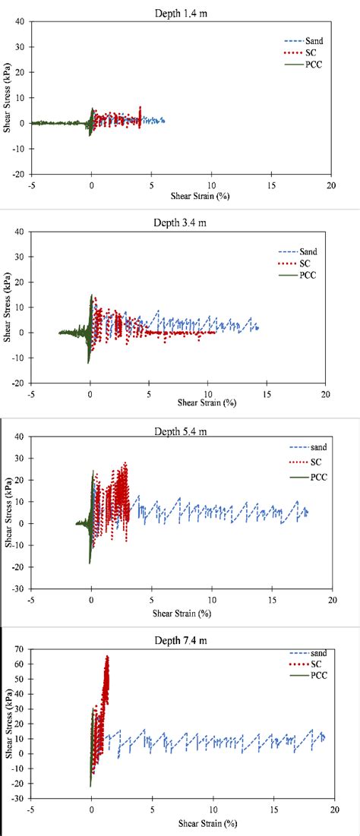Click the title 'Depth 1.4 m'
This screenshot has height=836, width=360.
pyautogui.click(x=180, y=10)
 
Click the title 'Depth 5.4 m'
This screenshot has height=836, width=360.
pyautogui.click(x=182, y=431)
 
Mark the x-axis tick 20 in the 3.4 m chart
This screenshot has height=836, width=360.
pyautogui.click(x=324, y=394)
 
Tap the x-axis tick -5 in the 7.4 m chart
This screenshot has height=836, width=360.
pyautogui.click(x=31, y=810)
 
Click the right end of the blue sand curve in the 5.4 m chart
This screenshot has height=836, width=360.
pyautogui.click(x=308, y=513)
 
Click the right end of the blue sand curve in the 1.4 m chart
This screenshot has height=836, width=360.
pyautogui.click(x=164, y=120)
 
